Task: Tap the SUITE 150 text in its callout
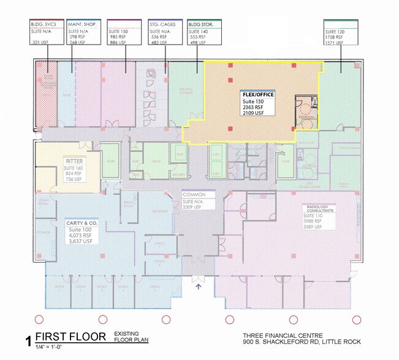click(118, 31)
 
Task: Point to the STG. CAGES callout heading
click(162, 24)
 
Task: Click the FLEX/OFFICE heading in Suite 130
click(257, 95)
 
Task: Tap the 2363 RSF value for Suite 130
click(253, 107)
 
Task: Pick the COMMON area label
click(193, 195)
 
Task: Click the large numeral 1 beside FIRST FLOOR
click(27, 340)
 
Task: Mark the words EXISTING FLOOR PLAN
click(131, 336)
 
